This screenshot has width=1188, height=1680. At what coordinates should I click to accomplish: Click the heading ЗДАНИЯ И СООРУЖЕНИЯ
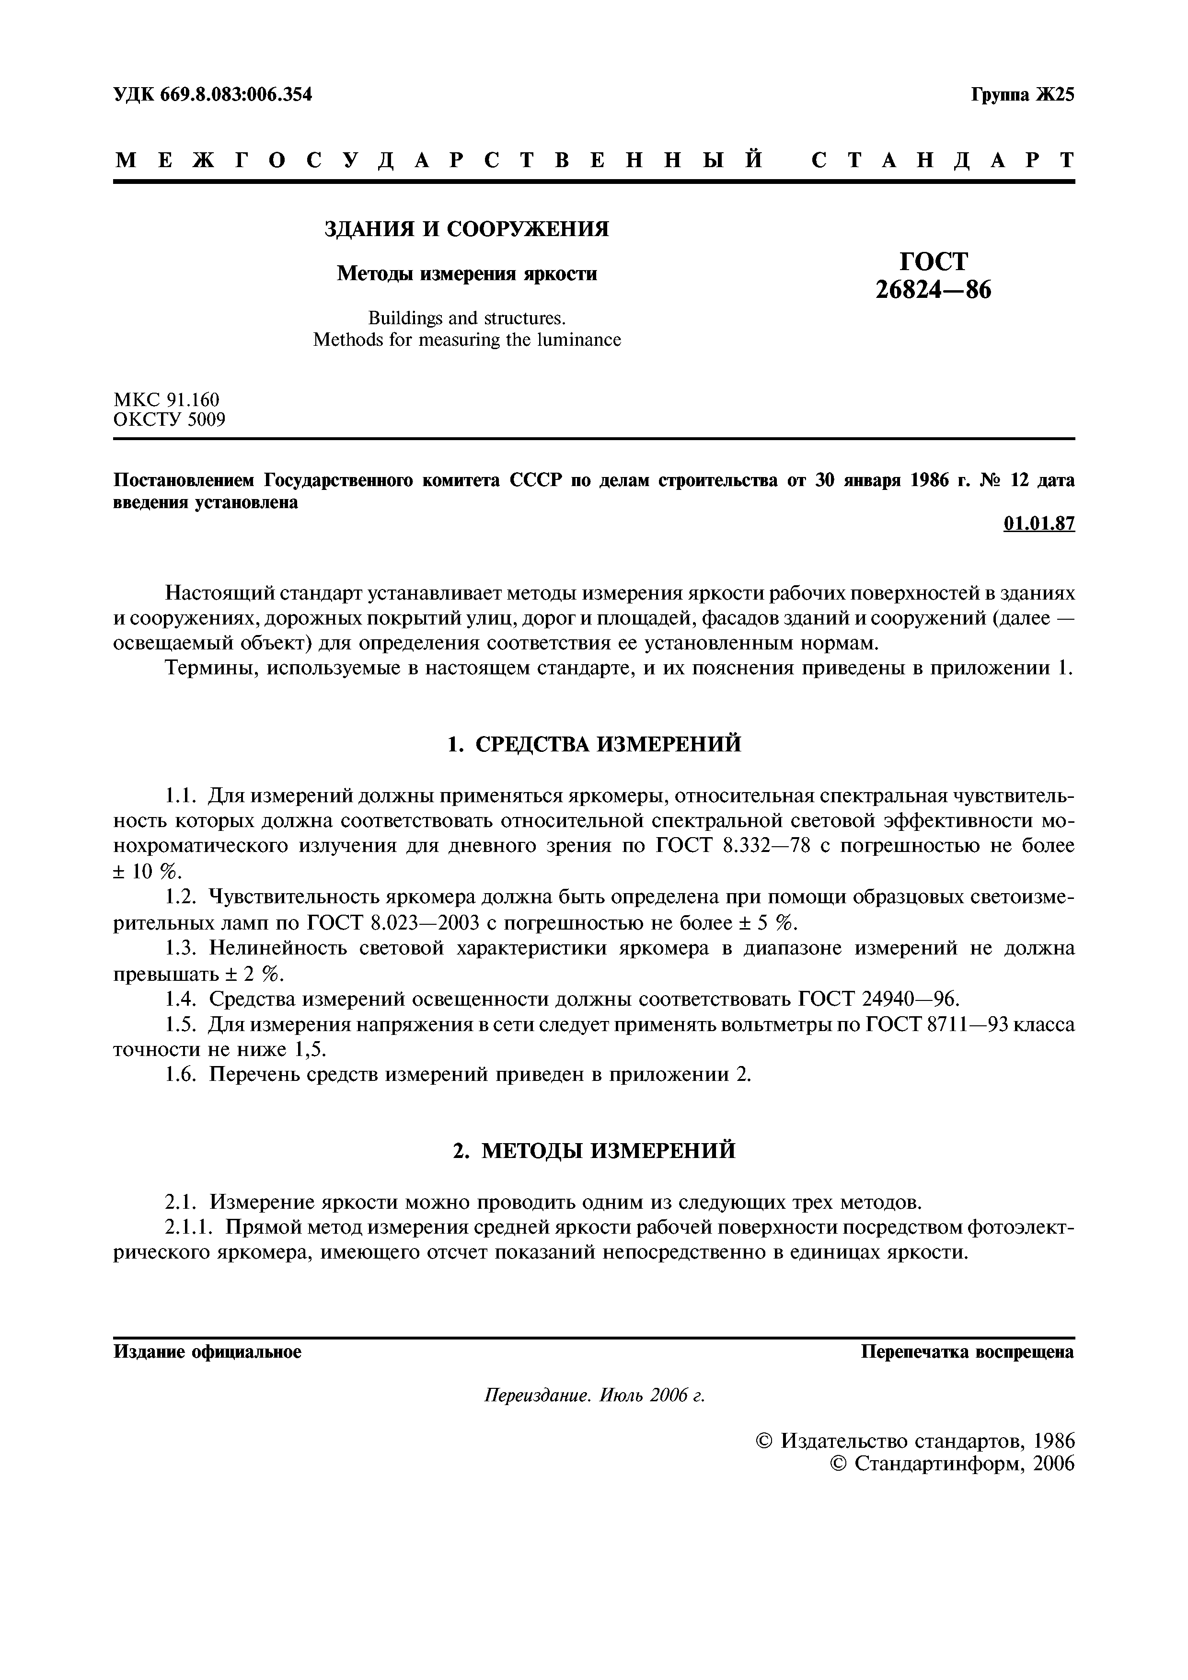pyautogui.click(x=466, y=230)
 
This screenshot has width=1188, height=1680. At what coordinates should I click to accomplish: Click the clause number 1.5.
pyautogui.click(x=182, y=1024)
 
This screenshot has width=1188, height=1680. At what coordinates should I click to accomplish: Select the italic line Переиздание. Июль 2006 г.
pyautogui.click(x=594, y=1396)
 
